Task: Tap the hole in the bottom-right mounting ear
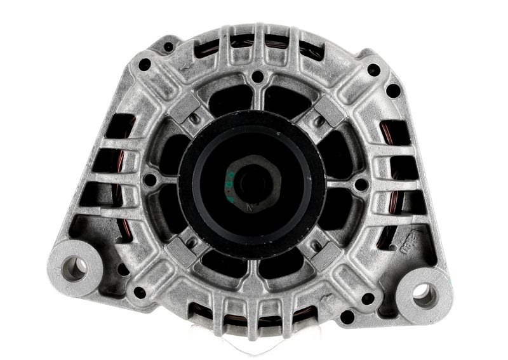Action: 422,293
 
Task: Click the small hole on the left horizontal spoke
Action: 149,180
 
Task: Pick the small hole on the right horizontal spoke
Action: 361,185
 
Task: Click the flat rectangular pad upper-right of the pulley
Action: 330,111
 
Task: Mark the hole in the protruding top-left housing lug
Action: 169,46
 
